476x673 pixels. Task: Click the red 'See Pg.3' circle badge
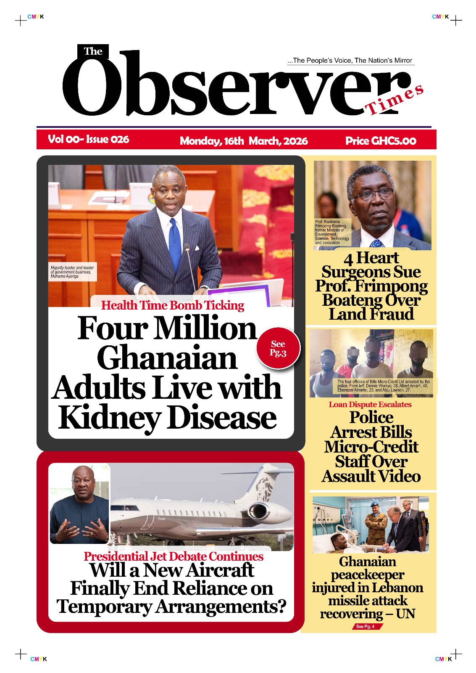(278, 348)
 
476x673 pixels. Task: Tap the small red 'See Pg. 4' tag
(366, 626)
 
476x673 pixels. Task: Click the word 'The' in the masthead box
(93, 51)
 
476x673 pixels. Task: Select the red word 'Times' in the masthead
(394, 99)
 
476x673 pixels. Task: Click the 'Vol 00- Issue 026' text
(88, 139)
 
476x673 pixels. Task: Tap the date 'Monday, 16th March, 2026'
(244, 141)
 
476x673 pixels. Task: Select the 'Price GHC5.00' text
(381, 141)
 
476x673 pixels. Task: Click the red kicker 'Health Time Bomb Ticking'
(173, 305)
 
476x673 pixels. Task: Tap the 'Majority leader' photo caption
(72, 272)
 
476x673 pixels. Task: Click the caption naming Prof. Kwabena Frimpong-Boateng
(332, 232)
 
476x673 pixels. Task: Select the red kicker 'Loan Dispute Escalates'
(370, 405)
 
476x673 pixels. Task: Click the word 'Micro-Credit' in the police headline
(371, 447)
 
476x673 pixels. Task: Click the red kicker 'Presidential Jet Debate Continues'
(174, 556)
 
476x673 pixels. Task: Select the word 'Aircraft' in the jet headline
(220, 570)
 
